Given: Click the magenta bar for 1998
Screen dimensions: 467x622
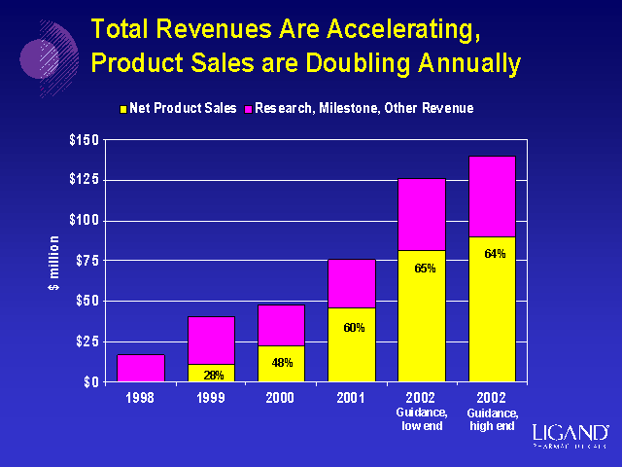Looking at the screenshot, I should [141, 368].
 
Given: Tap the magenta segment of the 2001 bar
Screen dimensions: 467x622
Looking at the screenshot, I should [351, 283].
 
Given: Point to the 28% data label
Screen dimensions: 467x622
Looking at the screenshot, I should [213, 375].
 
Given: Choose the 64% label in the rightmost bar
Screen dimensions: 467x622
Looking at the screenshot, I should [494, 254].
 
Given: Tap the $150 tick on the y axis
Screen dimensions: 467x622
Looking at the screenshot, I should [84, 140].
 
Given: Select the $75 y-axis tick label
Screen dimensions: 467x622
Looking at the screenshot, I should [86, 261].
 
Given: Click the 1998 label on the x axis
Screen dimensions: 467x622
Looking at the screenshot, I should [141, 399].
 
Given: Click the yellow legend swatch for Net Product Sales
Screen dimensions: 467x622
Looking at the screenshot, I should [121, 108].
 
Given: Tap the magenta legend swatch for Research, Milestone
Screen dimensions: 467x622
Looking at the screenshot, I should [247, 108].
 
